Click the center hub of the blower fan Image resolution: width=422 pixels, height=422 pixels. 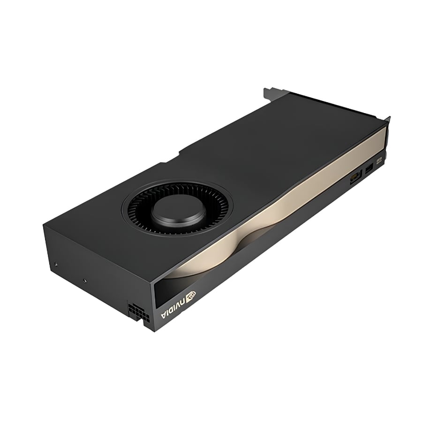click(x=178, y=212)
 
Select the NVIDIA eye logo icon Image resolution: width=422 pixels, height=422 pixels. click(x=192, y=295)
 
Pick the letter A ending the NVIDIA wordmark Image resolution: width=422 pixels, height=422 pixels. click(x=164, y=316)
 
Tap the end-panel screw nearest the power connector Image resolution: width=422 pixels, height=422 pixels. click(x=85, y=281)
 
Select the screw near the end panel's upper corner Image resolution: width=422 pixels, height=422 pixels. click(x=55, y=264)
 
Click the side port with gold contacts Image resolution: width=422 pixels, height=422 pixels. click(x=355, y=178)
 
